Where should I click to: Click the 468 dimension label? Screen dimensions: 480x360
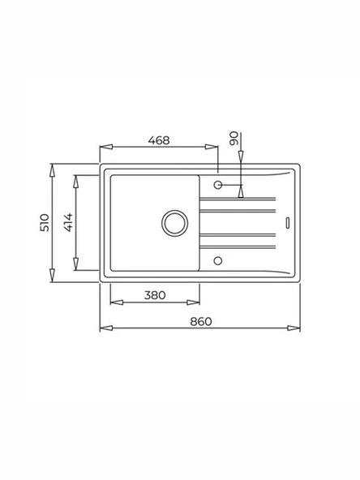(x=158, y=140)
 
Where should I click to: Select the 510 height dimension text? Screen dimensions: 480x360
(x=45, y=223)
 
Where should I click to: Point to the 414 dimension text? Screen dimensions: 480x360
(x=69, y=223)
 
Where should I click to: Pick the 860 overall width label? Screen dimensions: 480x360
(x=201, y=322)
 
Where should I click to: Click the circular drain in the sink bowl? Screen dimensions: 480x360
(x=174, y=222)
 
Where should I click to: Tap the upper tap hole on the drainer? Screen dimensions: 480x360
(x=217, y=185)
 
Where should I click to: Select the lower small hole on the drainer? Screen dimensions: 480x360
(x=217, y=260)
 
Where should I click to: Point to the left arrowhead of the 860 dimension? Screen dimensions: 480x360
(x=103, y=329)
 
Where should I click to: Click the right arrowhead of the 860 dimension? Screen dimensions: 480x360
(x=298, y=329)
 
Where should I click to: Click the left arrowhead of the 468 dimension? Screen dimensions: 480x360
(x=103, y=148)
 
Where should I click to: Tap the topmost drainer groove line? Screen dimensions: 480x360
(x=243, y=198)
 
